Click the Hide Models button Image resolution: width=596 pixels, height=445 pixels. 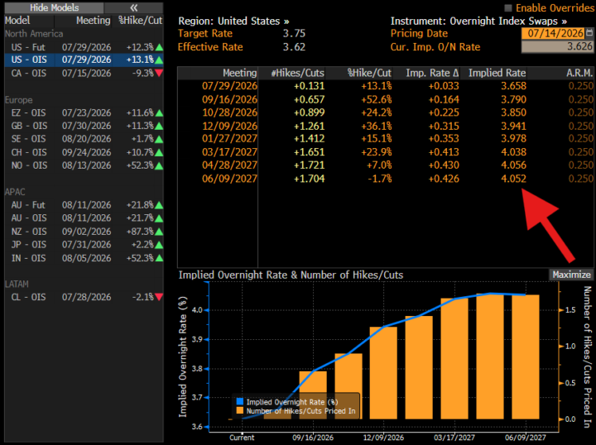[x=54, y=7]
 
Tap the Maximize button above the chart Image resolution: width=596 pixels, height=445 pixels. [x=571, y=275]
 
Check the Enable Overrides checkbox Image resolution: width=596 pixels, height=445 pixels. [x=507, y=8]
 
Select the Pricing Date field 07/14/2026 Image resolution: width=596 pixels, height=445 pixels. [x=555, y=33]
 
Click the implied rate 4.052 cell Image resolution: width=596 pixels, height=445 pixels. [x=513, y=179]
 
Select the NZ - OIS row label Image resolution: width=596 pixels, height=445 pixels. [x=29, y=232]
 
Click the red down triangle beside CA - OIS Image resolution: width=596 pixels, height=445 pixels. [x=159, y=73]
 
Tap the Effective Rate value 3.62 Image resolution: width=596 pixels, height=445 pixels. [x=294, y=47]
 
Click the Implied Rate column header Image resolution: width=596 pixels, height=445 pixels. [x=497, y=73]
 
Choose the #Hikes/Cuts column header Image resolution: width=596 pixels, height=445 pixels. [x=298, y=73]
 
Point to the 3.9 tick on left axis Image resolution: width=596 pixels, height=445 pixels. [x=197, y=339]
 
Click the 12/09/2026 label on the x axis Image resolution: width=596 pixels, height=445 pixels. [x=383, y=438]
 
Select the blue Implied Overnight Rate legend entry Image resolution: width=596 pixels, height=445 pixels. [x=287, y=402]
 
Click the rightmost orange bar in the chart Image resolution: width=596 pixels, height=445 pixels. [x=526, y=357]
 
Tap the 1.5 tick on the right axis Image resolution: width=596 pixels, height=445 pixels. [x=570, y=310]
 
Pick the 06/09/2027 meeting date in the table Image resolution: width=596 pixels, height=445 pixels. [x=229, y=179]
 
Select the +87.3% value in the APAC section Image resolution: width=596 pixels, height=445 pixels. [x=140, y=232]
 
